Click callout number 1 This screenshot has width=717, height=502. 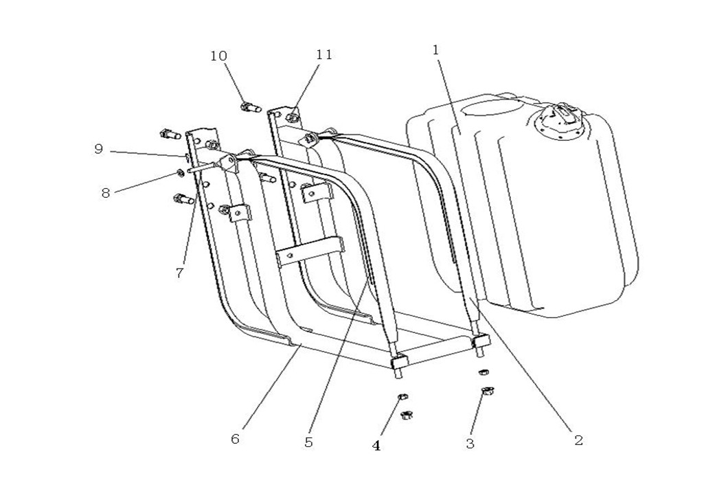point(435,49)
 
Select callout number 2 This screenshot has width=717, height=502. point(578,440)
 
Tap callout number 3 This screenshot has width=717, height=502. point(470,444)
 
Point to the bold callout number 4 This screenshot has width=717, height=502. point(376,446)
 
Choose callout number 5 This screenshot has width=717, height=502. point(308,443)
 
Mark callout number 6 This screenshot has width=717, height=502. point(235,439)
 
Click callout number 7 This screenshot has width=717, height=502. point(179,273)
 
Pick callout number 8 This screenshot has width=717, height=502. point(105,193)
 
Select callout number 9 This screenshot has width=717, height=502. point(99,148)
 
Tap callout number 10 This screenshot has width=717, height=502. point(218,56)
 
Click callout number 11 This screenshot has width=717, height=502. point(324,54)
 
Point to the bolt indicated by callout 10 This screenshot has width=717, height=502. point(249,107)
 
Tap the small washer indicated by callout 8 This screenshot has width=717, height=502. point(177,172)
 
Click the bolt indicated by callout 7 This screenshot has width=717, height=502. point(181,201)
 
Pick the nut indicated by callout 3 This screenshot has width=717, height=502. point(488,391)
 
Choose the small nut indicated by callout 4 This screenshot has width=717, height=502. point(402,398)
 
